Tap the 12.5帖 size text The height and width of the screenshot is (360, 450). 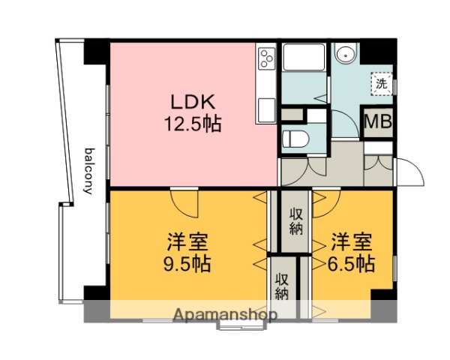(x=193, y=124)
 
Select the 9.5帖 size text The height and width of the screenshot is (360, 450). (x=187, y=264)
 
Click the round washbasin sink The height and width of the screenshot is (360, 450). (x=346, y=54)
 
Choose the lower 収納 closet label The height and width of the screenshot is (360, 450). (x=282, y=285)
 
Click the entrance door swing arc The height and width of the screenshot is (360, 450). (x=410, y=174)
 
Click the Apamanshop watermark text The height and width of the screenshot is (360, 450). (x=223, y=314)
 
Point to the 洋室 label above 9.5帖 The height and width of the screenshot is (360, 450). (x=187, y=243)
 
